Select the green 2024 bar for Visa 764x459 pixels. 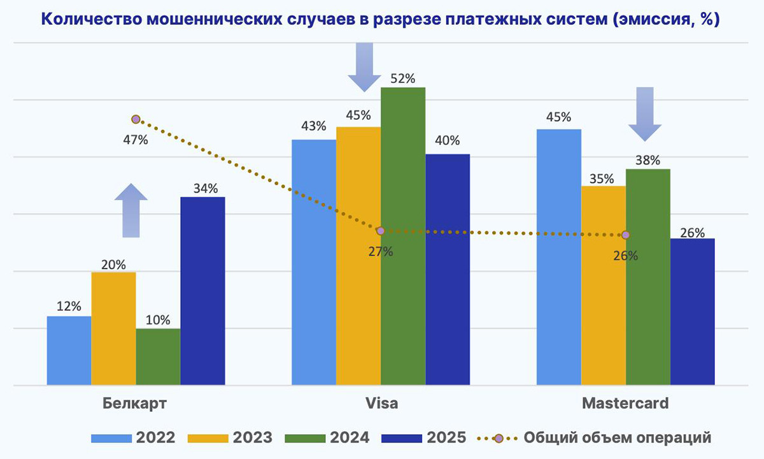(x=403, y=236)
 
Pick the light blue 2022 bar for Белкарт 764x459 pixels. (x=69, y=351)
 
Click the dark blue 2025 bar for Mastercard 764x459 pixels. (x=693, y=312)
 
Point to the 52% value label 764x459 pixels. (x=403, y=79)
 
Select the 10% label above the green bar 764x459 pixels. (x=158, y=321)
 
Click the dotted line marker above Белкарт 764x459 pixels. (x=136, y=119)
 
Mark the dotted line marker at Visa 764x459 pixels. (x=381, y=231)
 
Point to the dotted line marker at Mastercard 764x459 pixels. (x=626, y=235)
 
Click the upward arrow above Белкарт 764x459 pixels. (x=131, y=210)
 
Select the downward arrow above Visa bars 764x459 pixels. (x=364, y=68)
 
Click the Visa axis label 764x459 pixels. (x=381, y=404)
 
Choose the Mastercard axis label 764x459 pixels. (x=625, y=404)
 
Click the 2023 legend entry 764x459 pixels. (x=230, y=438)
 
